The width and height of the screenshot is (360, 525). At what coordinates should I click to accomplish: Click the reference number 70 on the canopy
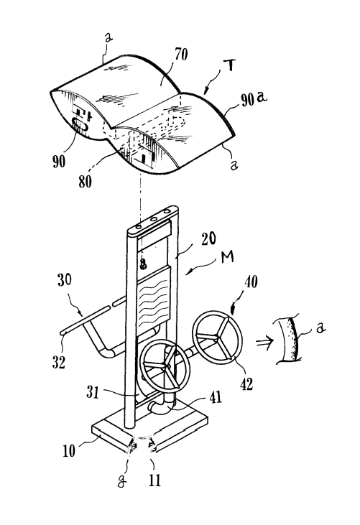tap(181, 55)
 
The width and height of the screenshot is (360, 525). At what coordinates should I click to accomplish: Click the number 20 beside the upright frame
tap(208, 239)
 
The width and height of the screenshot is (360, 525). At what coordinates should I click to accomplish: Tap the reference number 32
tap(59, 363)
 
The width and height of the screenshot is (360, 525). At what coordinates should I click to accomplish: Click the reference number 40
tap(251, 282)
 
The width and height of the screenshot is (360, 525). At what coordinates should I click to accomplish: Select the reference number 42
tap(246, 384)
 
